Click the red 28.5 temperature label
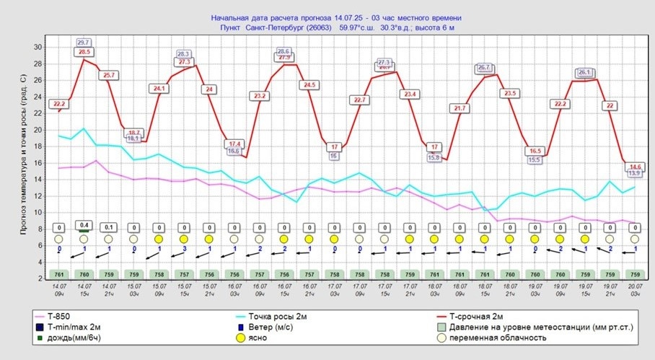(x=84, y=52)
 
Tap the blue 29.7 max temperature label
(x=83, y=43)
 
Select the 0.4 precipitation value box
(x=84, y=226)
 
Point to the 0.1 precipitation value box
(x=109, y=227)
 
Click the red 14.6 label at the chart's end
(x=635, y=167)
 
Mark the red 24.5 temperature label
(x=309, y=85)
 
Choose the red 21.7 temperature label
(x=459, y=108)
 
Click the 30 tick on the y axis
(x=39, y=48)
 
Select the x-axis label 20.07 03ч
(x=634, y=290)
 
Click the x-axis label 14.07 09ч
(x=59, y=290)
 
